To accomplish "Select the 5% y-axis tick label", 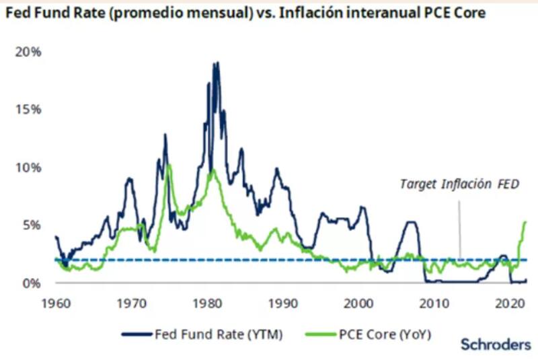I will coord(31,225).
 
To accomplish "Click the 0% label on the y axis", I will coord(31,283).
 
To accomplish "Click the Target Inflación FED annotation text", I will coord(459,184).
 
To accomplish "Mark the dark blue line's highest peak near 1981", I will coord(216,63).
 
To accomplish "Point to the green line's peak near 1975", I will coord(169,165).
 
